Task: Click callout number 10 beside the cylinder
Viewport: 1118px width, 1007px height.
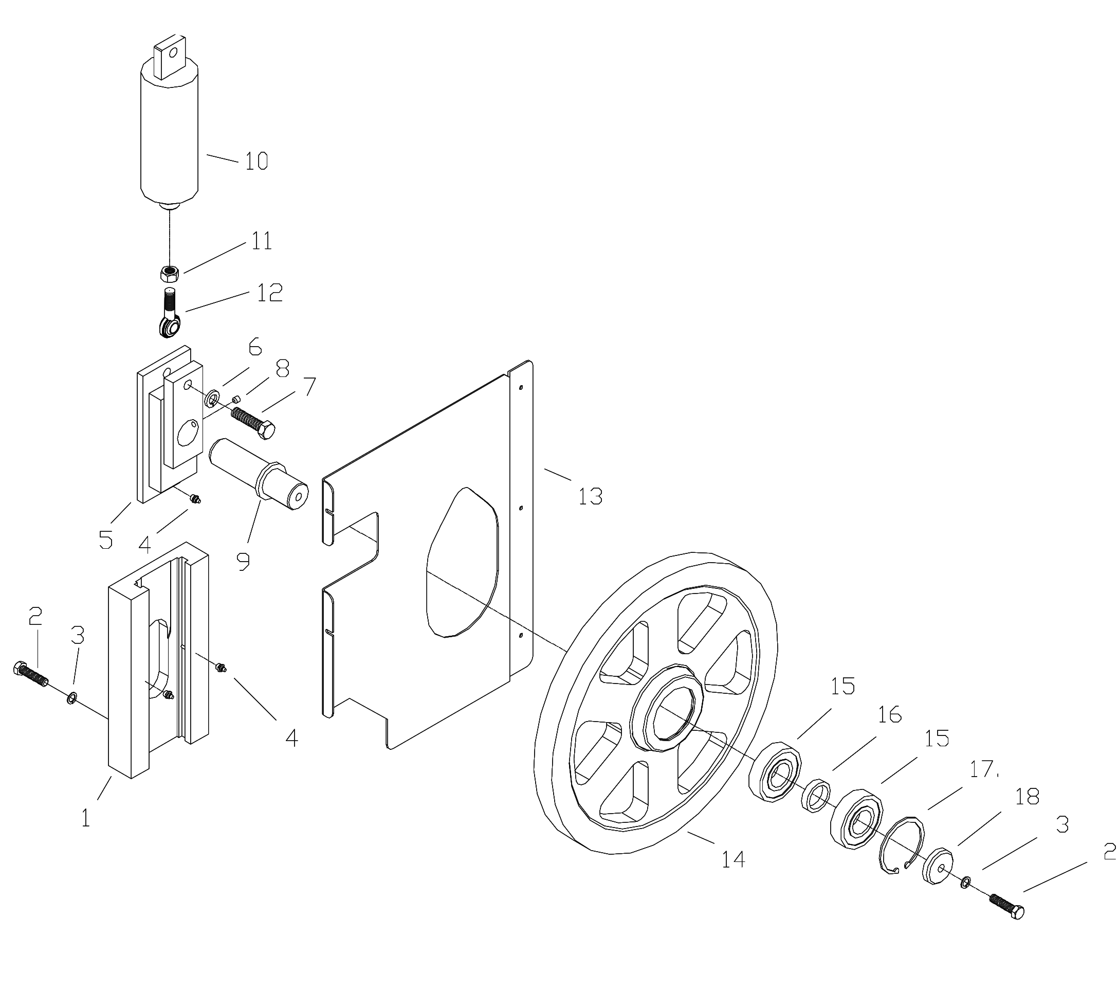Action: pos(256,160)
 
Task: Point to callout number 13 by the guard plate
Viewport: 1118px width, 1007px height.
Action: pos(590,496)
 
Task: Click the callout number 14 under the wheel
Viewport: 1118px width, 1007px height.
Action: pos(733,859)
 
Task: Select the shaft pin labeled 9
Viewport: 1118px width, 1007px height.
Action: pos(258,474)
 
